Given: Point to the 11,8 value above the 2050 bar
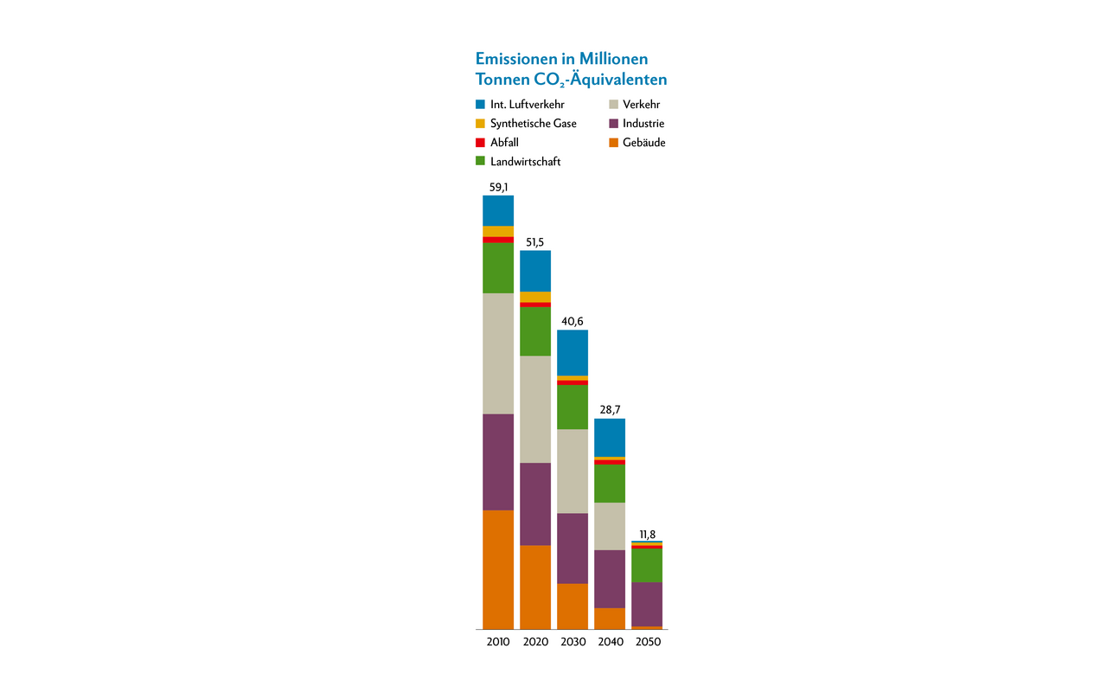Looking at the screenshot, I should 647,534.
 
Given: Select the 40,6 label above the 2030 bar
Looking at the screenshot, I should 573,321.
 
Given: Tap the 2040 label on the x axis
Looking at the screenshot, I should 610,642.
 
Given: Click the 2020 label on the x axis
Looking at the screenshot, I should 535,642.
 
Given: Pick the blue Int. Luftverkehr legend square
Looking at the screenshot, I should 480,105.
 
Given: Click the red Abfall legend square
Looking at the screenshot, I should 480,143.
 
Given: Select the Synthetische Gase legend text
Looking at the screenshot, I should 533,124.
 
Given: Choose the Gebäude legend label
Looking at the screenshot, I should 643,143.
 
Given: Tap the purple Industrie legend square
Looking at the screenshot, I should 612,124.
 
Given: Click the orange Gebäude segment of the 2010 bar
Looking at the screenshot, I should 498,569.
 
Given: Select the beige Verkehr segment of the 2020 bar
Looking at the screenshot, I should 535,409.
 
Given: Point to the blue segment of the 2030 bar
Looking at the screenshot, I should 573,352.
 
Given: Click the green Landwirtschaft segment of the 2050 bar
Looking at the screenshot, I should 647,565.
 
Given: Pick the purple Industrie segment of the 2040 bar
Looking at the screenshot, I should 610,579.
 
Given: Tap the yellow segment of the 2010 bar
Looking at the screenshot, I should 498,231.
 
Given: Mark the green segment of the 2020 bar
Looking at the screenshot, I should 535,331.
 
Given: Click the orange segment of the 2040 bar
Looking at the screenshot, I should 610,618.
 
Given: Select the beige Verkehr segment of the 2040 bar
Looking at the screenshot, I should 610,526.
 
